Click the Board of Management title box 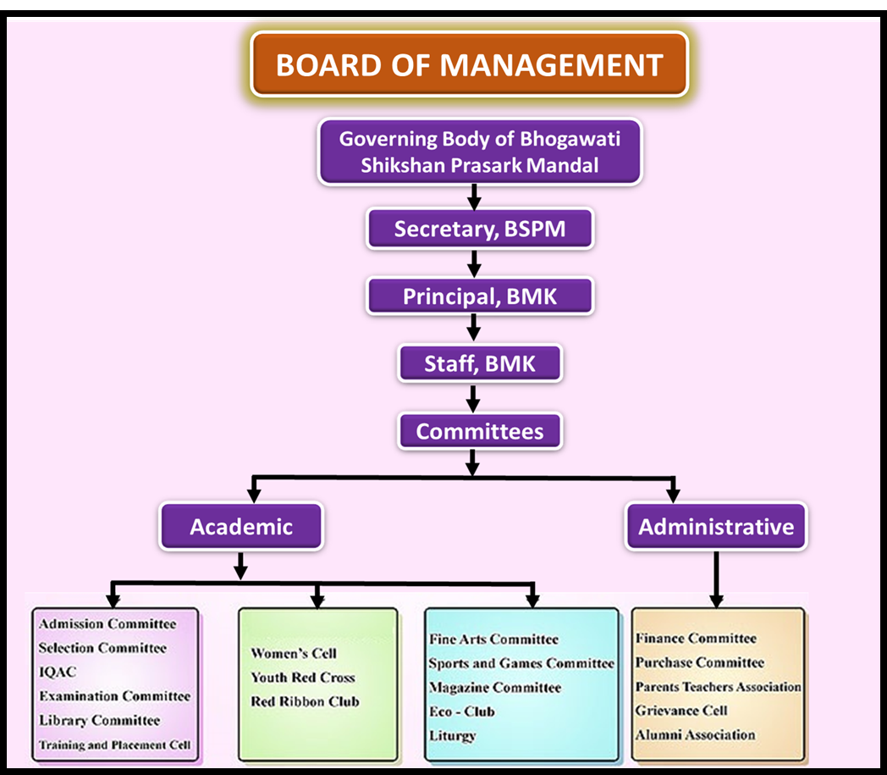(469, 65)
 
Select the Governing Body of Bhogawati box (480, 152)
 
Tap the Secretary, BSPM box (479, 229)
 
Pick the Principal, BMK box (479, 296)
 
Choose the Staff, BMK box (479, 364)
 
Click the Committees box (479, 431)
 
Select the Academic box (241, 527)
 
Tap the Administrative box (716, 527)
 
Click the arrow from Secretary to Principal (474, 263)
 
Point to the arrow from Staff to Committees (474, 398)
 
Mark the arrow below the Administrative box (716, 579)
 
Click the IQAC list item (58, 673)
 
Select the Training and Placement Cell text (114, 745)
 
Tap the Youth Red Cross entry (302, 678)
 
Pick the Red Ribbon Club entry (305, 701)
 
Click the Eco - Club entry (461, 711)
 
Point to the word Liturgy (452, 735)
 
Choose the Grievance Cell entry (681, 711)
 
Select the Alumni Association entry (695, 734)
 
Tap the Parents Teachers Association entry (719, 687)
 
